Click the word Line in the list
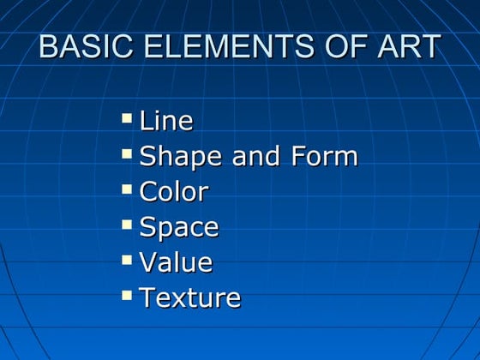(165, 121)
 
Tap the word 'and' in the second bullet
(251, 157)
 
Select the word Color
(173, 192)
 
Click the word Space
(178, 227)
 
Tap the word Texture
(189, 297)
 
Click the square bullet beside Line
(127, 117)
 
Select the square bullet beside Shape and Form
(127, 153)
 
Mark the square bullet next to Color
(127, 189)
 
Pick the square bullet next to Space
(127, 224)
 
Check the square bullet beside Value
(127, 259)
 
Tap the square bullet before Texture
(127, 294)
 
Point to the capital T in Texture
(147, 297)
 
